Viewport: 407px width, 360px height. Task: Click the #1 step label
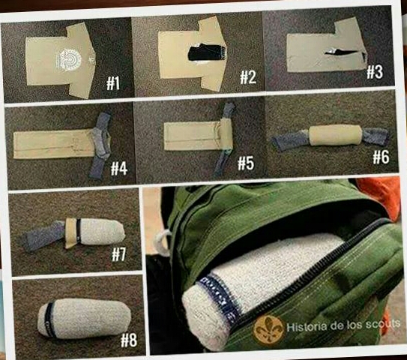point(113,84)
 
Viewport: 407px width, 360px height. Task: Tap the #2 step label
point(248,77)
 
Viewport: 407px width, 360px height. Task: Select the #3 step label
point(375,72)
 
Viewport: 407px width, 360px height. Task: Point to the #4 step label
point(119,168)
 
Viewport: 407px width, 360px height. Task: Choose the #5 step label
point(246,163)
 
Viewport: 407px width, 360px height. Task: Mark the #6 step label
point(381,157)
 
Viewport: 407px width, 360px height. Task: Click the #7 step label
point(119,254)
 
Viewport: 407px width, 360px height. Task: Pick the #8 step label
point(129,340)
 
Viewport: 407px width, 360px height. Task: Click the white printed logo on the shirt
point(68,60)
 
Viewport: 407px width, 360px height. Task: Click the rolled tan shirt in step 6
point(335,136)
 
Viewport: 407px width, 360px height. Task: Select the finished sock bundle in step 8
point(85,318)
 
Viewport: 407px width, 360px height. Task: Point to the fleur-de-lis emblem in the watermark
point(268,329)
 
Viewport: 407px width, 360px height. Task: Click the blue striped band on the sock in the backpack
point(219,296)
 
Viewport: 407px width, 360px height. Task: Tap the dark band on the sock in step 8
point(49,319)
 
